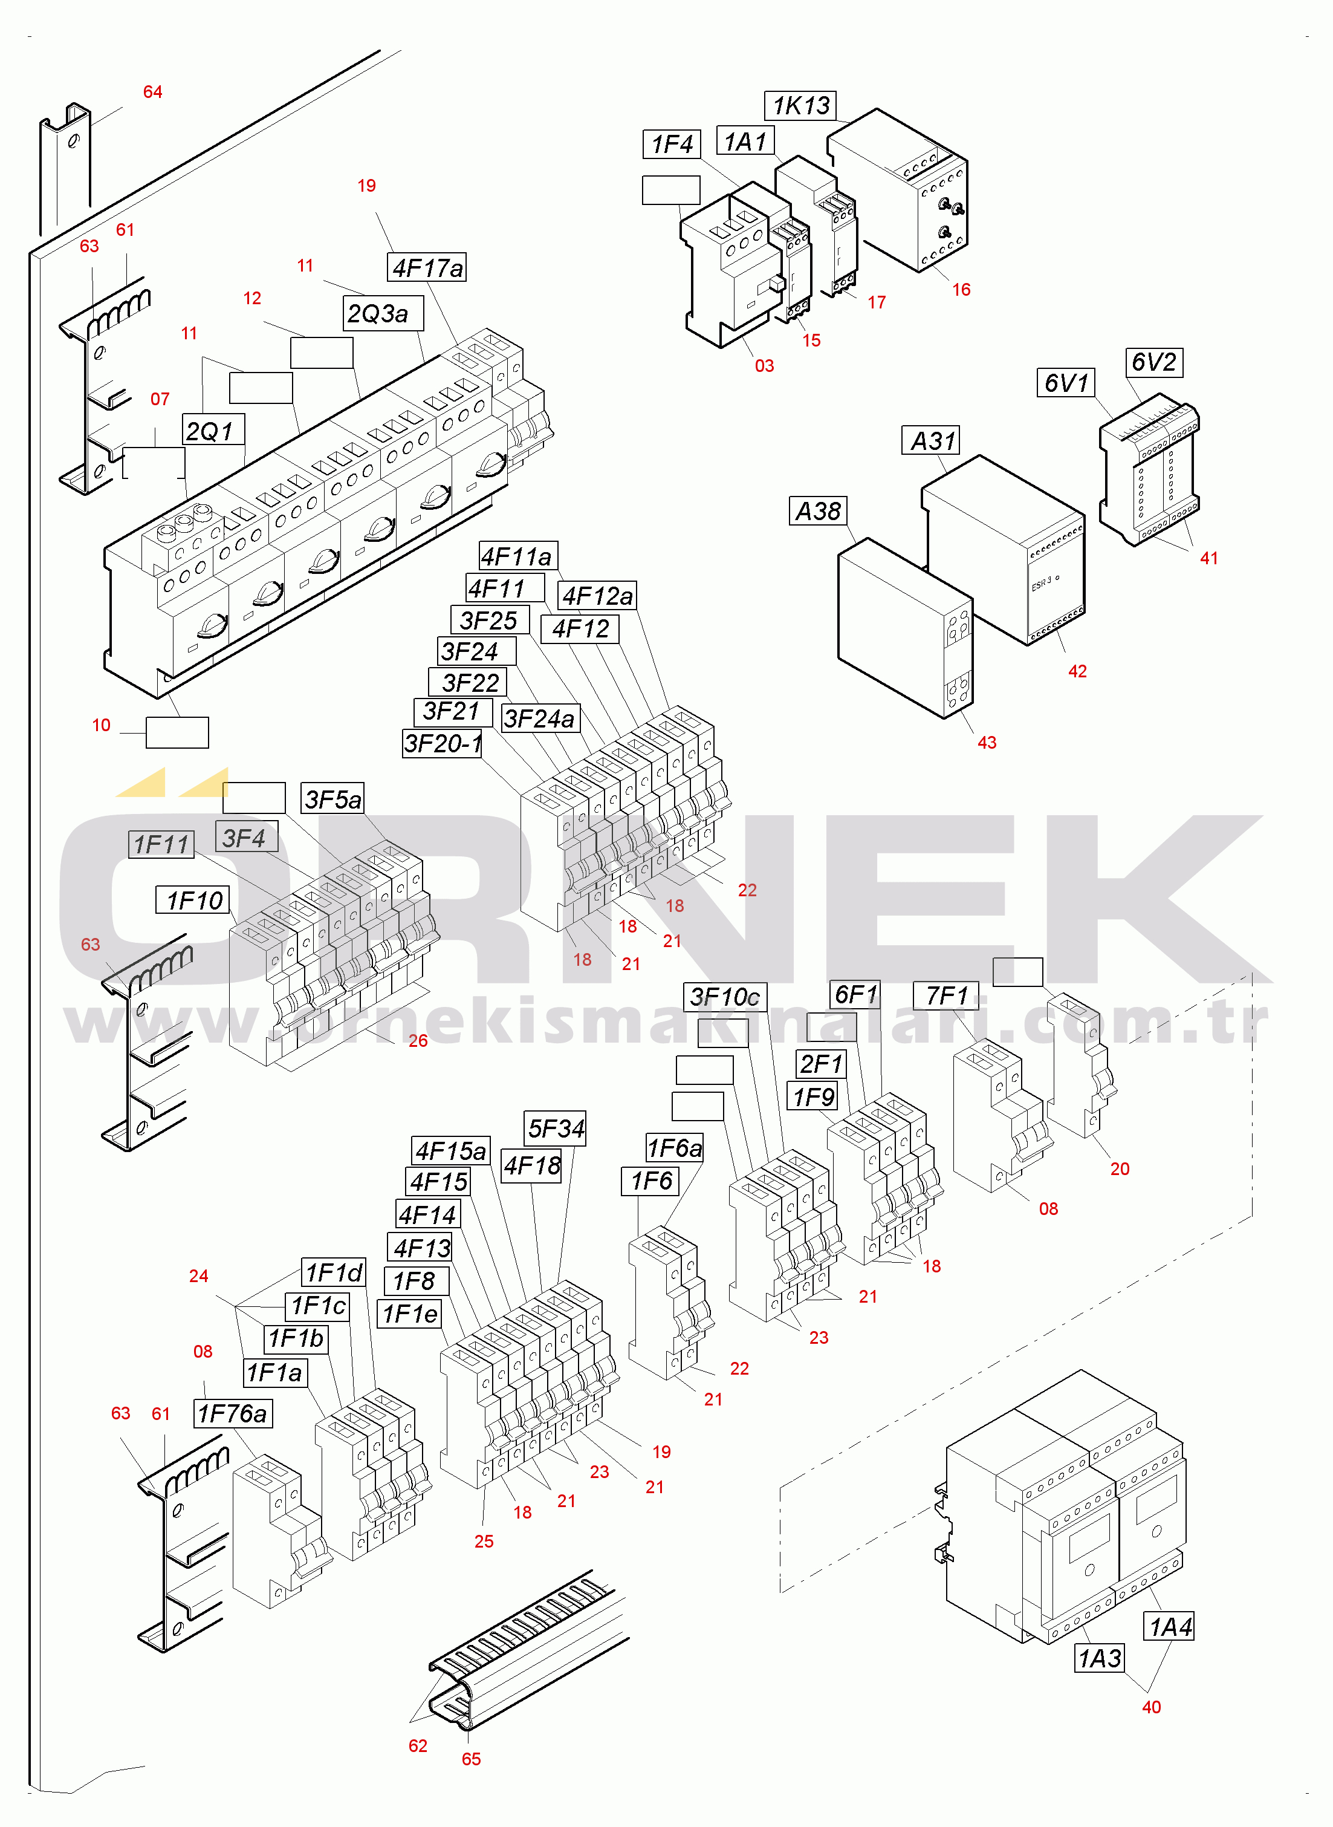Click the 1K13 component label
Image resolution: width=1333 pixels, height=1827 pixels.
coord(800,105)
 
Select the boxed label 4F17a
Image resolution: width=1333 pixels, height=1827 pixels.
coord(427,267)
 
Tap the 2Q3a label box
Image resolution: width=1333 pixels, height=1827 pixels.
coord(383,313)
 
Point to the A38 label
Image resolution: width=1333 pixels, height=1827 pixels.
coord(818,511)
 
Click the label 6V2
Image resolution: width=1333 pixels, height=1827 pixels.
coord(1155,362)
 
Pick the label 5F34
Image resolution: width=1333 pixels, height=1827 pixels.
coord(556,1128)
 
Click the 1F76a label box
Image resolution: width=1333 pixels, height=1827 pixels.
coord(233,1413)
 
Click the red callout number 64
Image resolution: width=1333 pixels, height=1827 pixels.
coord(152,92)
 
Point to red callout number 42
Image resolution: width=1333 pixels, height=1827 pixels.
coord(1077,671)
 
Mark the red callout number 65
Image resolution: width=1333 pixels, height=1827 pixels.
coord(471,1759)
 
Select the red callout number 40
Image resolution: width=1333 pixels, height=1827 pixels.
coord(1152,1707)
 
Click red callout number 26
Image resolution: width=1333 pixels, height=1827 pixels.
coord(418,1041)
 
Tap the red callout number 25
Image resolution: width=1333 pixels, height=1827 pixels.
coord(484,1542)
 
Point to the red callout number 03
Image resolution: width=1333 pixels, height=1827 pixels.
coord(764,365)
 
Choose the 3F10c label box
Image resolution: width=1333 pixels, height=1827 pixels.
coord(725,997)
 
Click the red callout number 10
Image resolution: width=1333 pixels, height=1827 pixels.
coord(101,725)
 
